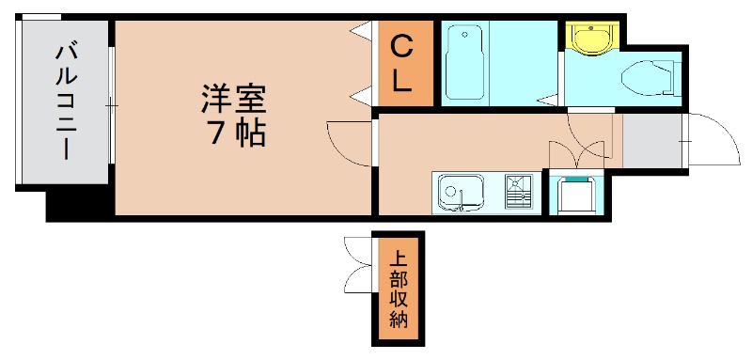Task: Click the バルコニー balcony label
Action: pos(65,101)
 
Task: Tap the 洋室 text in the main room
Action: pos(234,99)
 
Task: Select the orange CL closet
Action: pos(402,63)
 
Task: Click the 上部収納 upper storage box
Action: pos(398,290)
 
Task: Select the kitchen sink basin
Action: pos(461,195)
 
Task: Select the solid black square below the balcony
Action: pos(80,204)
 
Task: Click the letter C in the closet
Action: pos(401,46)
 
